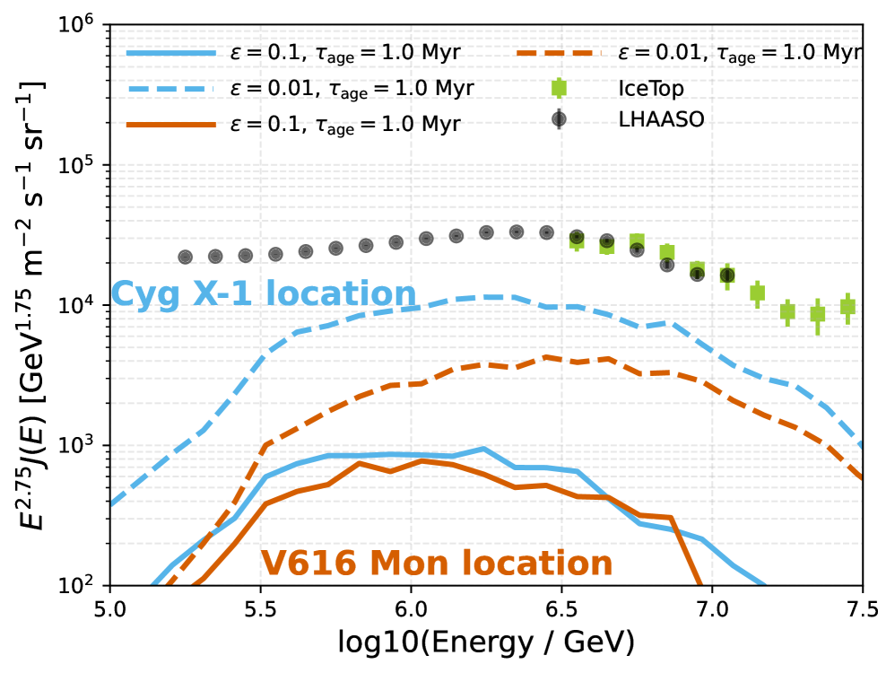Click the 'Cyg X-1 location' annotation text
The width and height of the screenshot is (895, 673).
264,294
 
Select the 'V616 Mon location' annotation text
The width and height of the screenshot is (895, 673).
437,564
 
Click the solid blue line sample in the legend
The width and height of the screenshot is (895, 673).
172,53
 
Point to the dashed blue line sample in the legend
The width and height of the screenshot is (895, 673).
172,89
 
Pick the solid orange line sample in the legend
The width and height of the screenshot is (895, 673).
172,124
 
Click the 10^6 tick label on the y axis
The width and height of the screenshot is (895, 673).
78,26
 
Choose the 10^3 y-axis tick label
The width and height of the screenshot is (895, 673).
78,446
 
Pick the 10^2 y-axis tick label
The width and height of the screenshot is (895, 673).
78,586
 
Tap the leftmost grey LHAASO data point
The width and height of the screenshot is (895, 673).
186,257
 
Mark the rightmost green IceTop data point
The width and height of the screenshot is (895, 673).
847,307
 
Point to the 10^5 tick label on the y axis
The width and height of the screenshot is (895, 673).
78,166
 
